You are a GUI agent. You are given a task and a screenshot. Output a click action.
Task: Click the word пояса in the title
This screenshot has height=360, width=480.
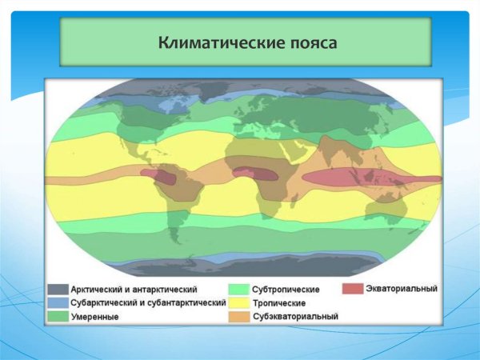[x=308, y=41]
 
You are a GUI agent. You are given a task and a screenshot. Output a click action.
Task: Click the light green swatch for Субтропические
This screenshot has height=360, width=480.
[x=237, y=289]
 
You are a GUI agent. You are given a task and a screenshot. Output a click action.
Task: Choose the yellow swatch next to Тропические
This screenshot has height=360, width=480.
[x=237, y=302]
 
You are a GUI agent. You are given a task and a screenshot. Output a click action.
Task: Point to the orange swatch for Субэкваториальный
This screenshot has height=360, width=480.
[x=237, y=317]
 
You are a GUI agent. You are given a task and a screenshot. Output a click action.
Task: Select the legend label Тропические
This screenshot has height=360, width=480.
[x=278, y=303]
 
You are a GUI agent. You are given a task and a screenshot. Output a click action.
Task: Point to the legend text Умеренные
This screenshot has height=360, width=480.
[x=94, y=318]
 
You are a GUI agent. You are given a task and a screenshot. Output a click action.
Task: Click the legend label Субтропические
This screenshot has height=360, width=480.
[x=286, y=289]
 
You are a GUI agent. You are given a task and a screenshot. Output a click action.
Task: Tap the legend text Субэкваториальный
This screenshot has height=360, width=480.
[x=295, y=317]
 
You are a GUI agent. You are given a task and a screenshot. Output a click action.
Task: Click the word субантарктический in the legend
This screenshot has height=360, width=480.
[x=184, y=303]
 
